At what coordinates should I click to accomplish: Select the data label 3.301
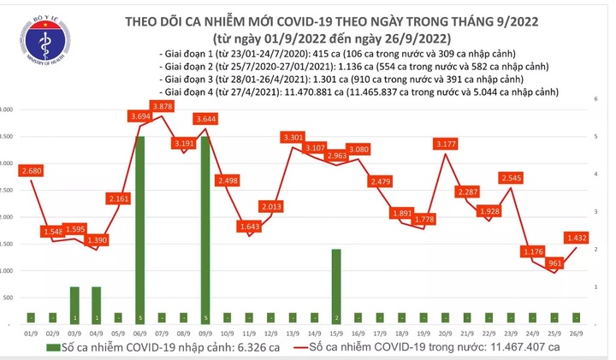[293, 137]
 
